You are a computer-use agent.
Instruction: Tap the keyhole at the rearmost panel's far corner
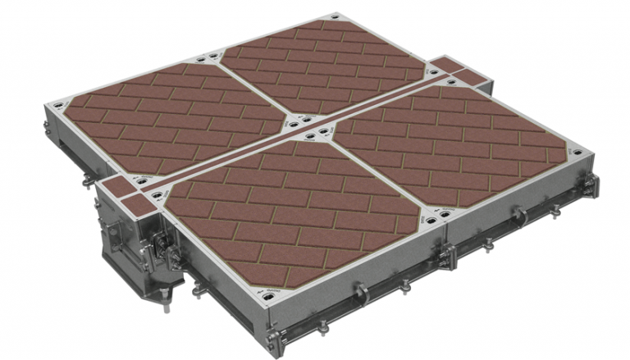click(x=331, y=18)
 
